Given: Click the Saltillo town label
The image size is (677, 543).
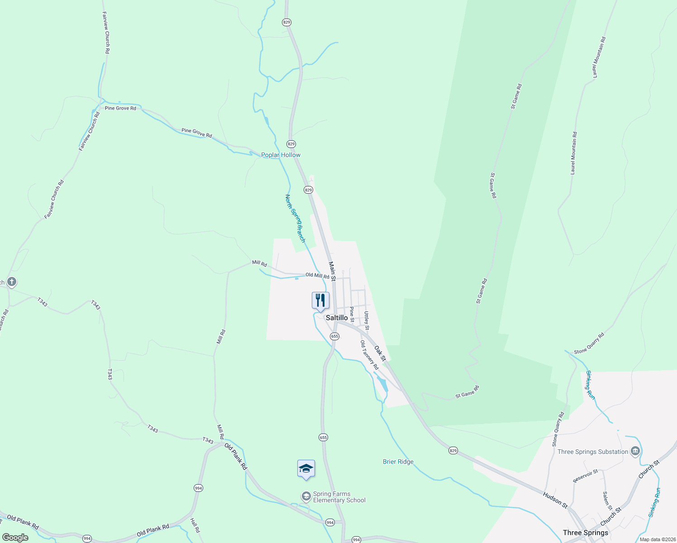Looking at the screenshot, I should coord(337,318).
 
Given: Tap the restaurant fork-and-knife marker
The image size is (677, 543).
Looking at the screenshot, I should coord(320,300).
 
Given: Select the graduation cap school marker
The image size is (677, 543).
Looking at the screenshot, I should coord(306,468).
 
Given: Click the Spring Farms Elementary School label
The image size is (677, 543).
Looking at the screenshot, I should coord(339,497).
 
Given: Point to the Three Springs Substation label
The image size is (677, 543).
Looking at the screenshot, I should coord(593,452).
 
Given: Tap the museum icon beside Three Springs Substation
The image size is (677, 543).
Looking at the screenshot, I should coord(635,451).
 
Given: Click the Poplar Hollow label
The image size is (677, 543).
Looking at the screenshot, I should coord(281,155).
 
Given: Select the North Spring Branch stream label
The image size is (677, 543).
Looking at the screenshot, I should coord(295,218).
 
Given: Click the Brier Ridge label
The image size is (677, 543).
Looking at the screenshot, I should coord(398,462).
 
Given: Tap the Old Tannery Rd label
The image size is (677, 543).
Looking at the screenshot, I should coord(369,355).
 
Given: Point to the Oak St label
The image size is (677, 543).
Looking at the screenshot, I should coord(380,353).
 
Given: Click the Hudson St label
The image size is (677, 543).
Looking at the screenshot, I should coord(555,500).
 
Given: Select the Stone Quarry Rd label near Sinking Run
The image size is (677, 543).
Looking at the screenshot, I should coord(589,344).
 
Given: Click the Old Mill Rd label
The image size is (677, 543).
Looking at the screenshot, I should coord(317,275).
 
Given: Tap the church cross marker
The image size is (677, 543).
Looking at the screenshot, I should coord(12,282).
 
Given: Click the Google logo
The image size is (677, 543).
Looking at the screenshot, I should coord(15,538).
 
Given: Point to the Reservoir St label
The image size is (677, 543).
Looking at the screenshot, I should coord(585,476).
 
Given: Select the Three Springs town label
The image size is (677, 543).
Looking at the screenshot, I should coord(585,533).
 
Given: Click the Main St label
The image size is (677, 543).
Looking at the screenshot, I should coord(332,270).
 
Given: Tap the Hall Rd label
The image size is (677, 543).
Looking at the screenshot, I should coord(195,525).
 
